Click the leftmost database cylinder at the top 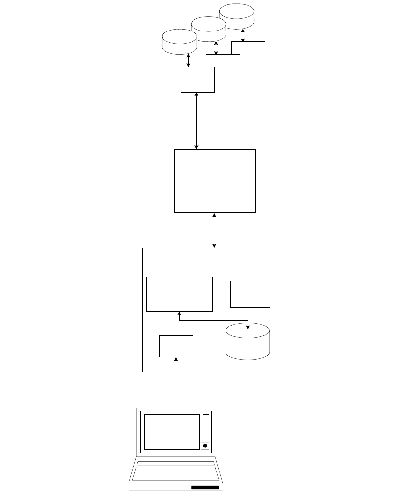point(179,41)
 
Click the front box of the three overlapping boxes point(197,80)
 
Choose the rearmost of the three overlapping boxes point(253,54)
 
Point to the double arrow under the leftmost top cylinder point(189,61)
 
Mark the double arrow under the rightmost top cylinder point(243,34)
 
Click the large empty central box point(215,181)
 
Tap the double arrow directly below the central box point(214,230)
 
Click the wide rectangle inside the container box point(179,293)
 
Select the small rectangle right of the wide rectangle point(250,294)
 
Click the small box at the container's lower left point(176,346)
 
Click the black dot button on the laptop point(205,446)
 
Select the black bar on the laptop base point(205,487)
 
